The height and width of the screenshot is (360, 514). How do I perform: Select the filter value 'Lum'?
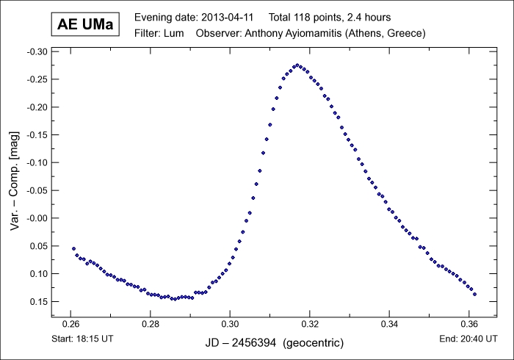click(x=181, y=34)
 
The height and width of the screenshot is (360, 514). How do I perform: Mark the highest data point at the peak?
click(x=297, y=65)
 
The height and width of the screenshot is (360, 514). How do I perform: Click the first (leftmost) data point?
click(x=73, y=248)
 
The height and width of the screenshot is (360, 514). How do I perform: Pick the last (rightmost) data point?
click(x=475, y=294)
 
